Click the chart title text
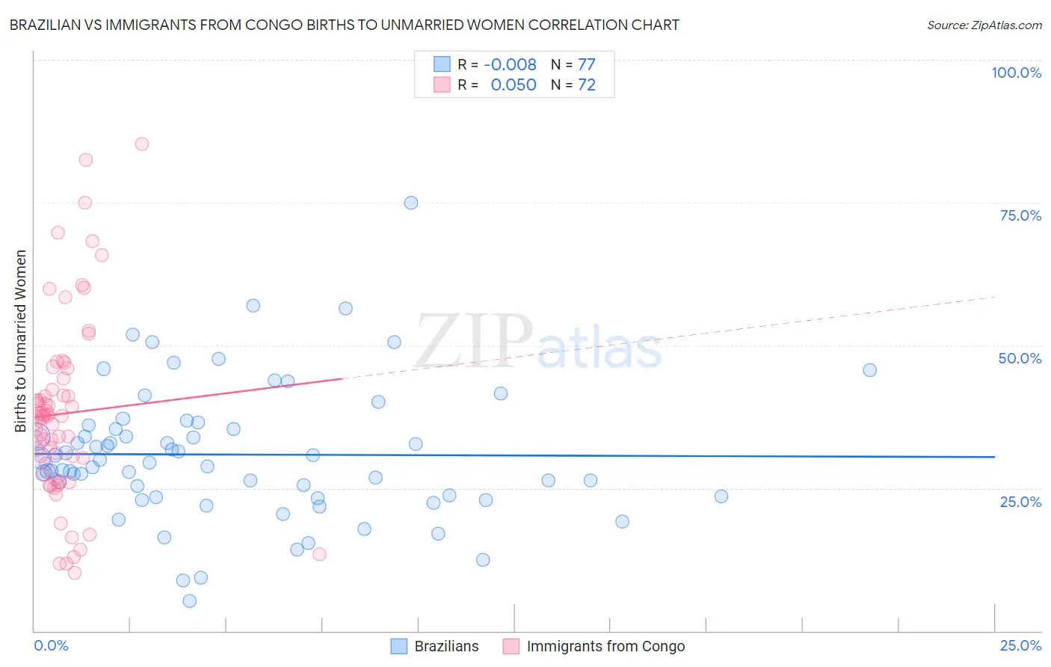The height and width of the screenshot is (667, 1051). point(345,25)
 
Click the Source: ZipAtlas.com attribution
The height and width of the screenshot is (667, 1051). point(984,25)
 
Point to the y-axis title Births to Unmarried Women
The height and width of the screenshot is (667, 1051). point(21,341)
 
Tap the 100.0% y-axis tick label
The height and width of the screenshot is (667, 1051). point(1016,73)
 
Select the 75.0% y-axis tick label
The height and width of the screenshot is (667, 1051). point(1020,215)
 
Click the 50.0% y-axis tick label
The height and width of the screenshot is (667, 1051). point(1020,358)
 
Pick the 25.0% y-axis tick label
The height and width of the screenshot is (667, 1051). point(1020,502)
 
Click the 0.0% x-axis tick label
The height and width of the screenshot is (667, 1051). point(51,645)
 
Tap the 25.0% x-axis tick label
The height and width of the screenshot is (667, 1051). point(1020,645)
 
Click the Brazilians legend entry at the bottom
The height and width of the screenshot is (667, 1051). point(446,646)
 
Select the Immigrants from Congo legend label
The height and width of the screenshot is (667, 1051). point(605,646)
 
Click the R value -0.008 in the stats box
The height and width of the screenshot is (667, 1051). point(510,64)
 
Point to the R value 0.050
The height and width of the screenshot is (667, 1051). point(514,84)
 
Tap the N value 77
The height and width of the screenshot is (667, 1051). point(587,64)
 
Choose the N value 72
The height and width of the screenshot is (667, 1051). point(587,84)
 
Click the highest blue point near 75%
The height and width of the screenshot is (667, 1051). point(411,203)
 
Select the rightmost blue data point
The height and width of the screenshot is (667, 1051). point(869,370)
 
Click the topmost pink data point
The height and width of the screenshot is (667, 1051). point(142,144)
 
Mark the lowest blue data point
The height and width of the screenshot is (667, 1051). point(190,601)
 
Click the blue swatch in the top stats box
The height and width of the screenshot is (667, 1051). point(442,64)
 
